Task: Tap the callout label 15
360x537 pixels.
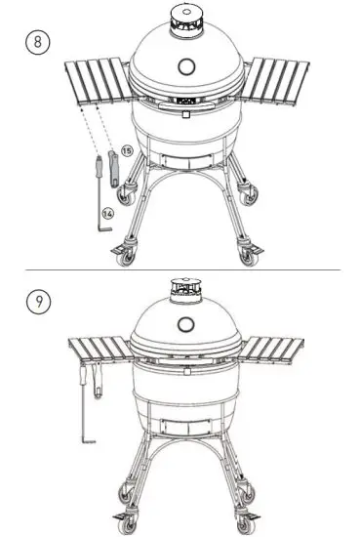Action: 125,150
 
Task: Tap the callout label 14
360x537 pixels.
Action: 108,211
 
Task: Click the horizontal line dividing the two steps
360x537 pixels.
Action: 180,268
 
